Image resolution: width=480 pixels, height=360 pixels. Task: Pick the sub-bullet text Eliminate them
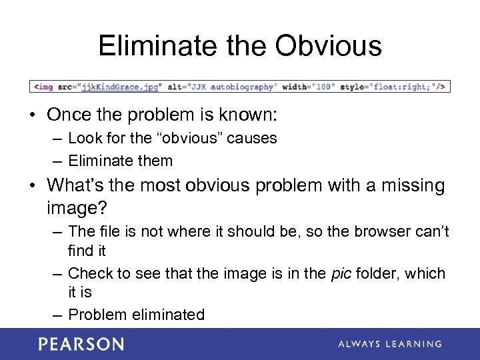pyautogui.click(x=120, y=161)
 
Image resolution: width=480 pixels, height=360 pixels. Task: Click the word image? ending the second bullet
pyautogui.click(x=77, y=208)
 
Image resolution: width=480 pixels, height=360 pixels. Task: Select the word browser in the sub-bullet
pyautogui.click(x=381, y=232)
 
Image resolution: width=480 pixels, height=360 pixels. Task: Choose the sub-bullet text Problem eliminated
pyautogui.click(x=136, y=315)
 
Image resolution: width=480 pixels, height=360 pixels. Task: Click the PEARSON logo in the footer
pyautogui.click(x=81, y=344)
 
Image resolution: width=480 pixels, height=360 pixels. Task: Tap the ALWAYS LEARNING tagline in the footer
pyautogui.click(x=389, y=344)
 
